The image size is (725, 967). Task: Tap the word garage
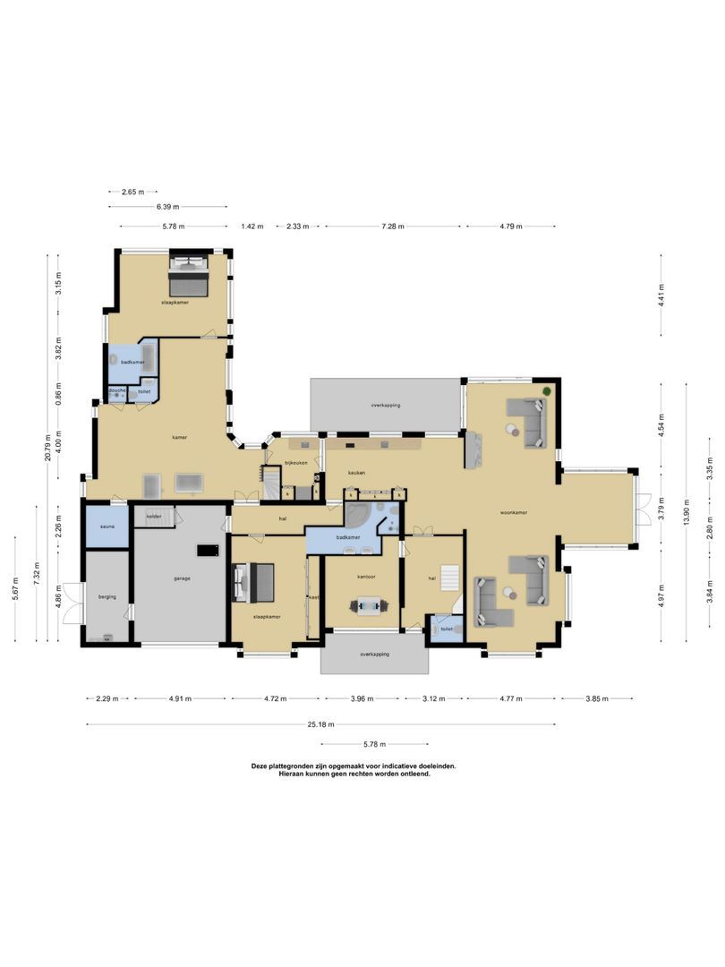pos(182,578)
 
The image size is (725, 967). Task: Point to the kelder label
pos(153,516)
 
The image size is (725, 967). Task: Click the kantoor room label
pos(365,577)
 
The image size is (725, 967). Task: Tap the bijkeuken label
pos(296,462)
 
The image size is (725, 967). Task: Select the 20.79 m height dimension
pos(60,445)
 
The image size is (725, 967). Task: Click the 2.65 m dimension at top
pos(132,192)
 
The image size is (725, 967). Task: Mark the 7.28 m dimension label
pos(393,227)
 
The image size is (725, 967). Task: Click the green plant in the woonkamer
pos(547,392)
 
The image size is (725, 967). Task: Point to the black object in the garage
pos(209,551)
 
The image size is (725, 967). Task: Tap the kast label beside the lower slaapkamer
pos(313,597)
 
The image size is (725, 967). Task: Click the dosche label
pos(116,390)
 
